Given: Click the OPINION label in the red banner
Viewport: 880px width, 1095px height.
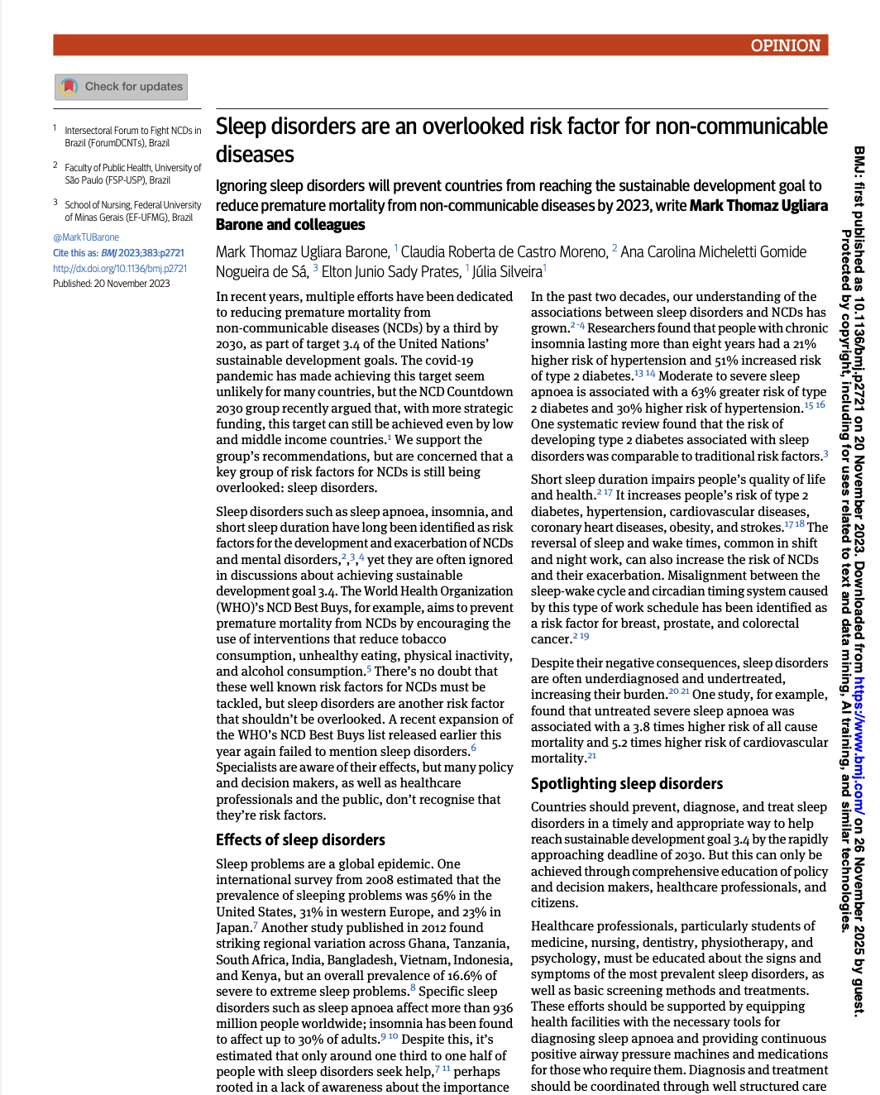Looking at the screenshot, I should click(x=785, y=45).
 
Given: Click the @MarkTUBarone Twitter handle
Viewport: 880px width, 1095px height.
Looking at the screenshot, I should click(x=86, y=237).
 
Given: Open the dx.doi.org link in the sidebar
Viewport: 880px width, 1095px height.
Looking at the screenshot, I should click(x=120, y=269).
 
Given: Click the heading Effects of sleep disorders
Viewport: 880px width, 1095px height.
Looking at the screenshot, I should click(x=300, y=840).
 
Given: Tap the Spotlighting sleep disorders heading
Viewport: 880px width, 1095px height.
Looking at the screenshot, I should click(x=626, y=784).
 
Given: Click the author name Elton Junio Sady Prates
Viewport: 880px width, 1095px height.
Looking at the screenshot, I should click(x=391, y=272).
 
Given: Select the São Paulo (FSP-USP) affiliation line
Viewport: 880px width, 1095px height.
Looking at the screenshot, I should click(x=117, y=180).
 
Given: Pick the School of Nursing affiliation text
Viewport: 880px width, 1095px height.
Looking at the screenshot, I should click(x=132, y=205).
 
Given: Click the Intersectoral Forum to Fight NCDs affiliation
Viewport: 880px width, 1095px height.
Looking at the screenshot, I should click(x=132, y=131).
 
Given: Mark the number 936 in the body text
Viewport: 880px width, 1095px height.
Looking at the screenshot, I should click(x=502, y=1008).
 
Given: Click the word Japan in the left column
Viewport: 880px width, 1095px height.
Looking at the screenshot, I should click(x=233, y=928).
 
